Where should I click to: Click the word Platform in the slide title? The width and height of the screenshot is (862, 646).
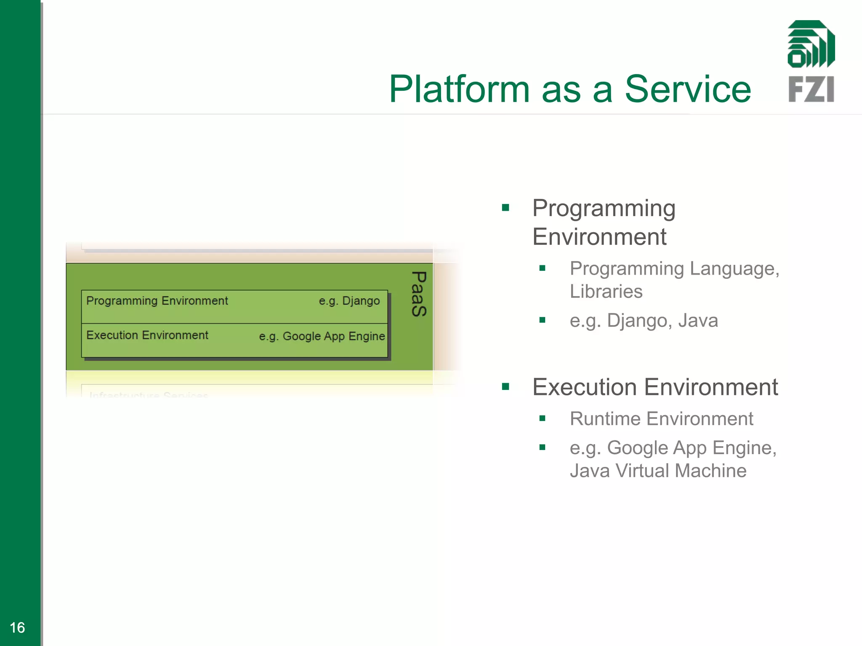coord(459,89)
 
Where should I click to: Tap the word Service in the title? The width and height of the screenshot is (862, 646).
coord(688,89)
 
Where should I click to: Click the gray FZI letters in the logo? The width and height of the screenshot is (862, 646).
coord(811,89)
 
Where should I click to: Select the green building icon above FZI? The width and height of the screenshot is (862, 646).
coord(811,44)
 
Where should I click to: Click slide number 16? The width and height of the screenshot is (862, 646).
coord(17,627)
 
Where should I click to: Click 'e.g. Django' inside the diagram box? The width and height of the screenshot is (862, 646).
coord(349,301)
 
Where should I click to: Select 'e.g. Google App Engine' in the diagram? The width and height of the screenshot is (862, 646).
coord(322,336)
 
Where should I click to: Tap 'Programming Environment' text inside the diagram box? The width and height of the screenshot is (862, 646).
coord(157,301)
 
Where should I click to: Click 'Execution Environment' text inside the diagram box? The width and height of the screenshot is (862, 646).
coord(147,335)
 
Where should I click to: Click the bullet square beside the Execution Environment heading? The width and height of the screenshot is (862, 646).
coord(505,387)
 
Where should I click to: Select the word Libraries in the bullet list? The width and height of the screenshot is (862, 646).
coord(606,291)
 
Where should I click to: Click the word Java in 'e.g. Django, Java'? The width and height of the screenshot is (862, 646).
coord(698,320)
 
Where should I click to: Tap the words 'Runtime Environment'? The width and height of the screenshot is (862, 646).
coord(661,419)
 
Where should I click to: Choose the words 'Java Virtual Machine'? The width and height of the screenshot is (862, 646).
coord(658,471)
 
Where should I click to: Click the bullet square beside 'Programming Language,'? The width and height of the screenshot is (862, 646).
coord(542,268)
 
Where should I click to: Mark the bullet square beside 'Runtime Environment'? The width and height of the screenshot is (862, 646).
coord(542,418)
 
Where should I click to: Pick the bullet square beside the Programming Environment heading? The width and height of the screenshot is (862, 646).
coord(505,207)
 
